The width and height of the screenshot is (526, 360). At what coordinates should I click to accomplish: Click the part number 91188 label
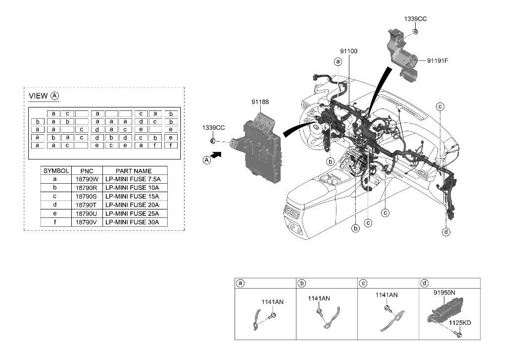(260, 102)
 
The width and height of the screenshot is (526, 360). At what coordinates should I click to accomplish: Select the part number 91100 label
(348, 51)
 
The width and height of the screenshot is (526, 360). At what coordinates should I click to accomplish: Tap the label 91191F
(438, 61)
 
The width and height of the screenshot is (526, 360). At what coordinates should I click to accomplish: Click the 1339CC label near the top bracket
(415, 19)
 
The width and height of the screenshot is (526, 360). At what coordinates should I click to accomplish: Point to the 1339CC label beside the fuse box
(213, 128)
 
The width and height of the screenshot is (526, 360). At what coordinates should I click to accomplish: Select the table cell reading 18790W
(87, 179)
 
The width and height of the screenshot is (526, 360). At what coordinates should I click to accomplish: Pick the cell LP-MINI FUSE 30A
(132, 222)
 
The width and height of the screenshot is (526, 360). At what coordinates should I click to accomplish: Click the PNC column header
(87, 171)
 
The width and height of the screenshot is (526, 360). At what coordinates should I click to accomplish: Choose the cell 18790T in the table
(87, 205)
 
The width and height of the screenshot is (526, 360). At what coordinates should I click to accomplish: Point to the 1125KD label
(460, 323)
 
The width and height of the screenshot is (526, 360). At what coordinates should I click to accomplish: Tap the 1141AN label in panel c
(386, 295)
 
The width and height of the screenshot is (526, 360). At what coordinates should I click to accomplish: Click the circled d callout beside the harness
(446, 232)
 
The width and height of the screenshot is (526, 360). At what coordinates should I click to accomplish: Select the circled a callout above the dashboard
(338, 62)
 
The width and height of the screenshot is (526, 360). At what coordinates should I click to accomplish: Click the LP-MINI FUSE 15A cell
(132, 197)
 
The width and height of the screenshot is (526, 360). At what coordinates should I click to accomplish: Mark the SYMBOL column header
(56, 171)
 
